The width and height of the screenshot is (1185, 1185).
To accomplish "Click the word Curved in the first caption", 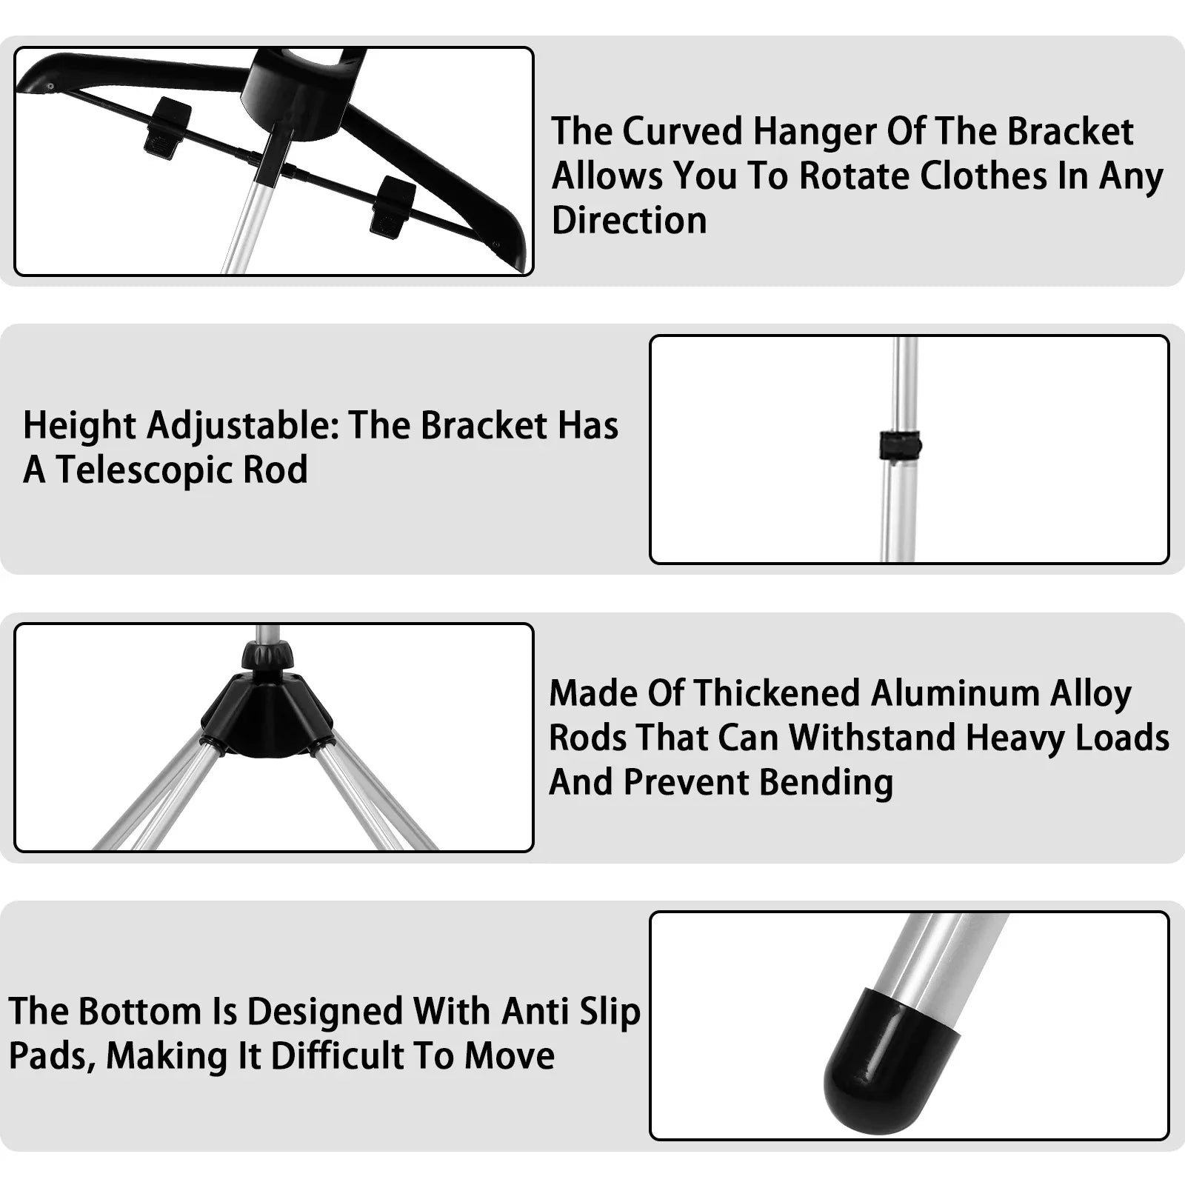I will pyautogui.click(x=681, y=132).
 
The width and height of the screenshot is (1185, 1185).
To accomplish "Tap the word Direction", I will pyautogui.click(x=629, y=221).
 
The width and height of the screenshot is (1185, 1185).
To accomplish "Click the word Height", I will pyautogui.click(x=79, y=426).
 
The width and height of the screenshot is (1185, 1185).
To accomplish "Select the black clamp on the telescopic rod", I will pyautogui.click(x=899, y=446).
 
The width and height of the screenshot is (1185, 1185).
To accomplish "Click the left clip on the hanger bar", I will pyautogui.click(x=168, y=127).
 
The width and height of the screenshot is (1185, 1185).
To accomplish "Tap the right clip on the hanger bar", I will pyautogui.click(x=393, y=207).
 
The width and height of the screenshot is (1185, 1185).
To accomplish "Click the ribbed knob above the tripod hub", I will pyautogui.click(x=267, y=655).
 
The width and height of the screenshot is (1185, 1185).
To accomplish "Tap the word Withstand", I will pyautogui.click(x=871, y=738).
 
